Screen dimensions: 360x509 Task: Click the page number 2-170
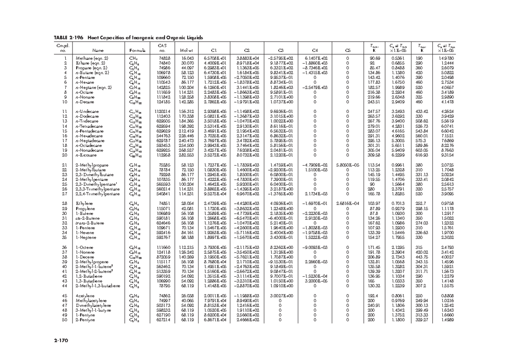click(61, 340)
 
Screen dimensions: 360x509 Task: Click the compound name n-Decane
click(85, 102)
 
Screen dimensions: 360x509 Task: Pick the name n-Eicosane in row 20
click(87, 155)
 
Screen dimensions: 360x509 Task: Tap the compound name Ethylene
click(84, 204)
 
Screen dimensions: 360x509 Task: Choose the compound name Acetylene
click(85, 295)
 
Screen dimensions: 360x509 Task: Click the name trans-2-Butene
click(89, 223)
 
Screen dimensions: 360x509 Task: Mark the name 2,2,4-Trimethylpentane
click(97, 194)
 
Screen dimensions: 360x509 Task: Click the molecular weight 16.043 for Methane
click(187, 58)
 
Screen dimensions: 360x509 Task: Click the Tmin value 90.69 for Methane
click(375, 58)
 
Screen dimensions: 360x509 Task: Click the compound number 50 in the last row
click(65, 320)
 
